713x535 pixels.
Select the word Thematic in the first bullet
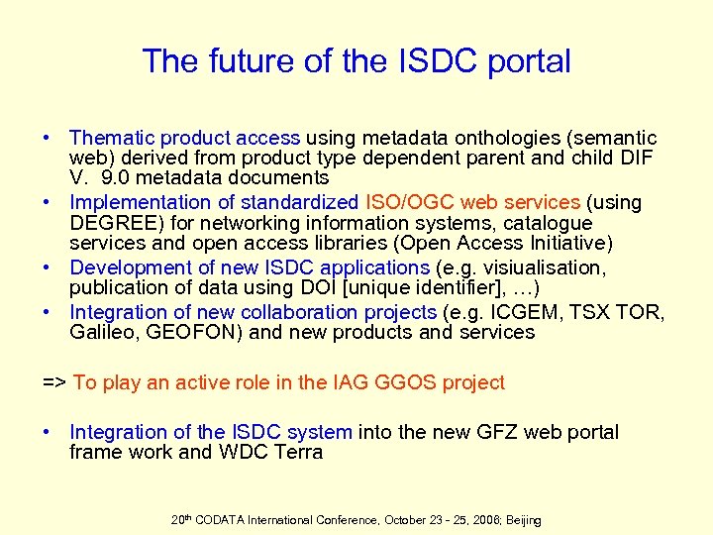(107, 138)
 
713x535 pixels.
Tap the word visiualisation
(548, 267)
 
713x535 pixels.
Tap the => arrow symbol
(53, 382)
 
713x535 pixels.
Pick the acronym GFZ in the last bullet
(496, 432)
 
